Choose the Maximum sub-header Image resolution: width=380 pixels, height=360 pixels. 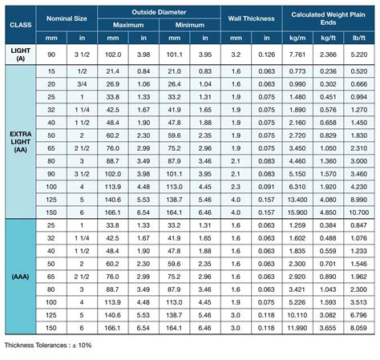(127, 24)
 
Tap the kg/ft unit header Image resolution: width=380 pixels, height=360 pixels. (329, 37)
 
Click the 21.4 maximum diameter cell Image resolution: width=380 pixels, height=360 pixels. (112, 71)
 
